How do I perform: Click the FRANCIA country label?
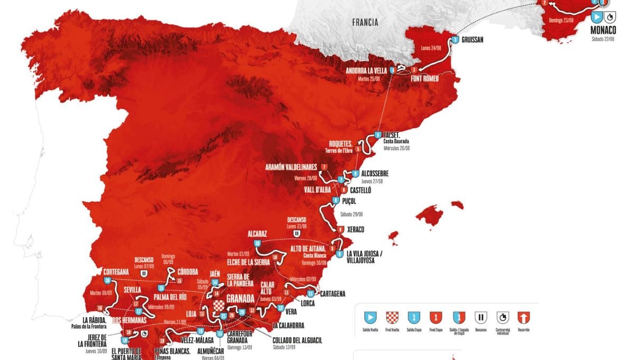(x=366, y=22)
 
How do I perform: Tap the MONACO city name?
(x=603, y=30)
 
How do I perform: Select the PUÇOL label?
(x=349, y=201)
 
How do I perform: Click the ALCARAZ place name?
(x=257, y=233)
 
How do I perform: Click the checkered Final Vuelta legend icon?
(x=393, y=318)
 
